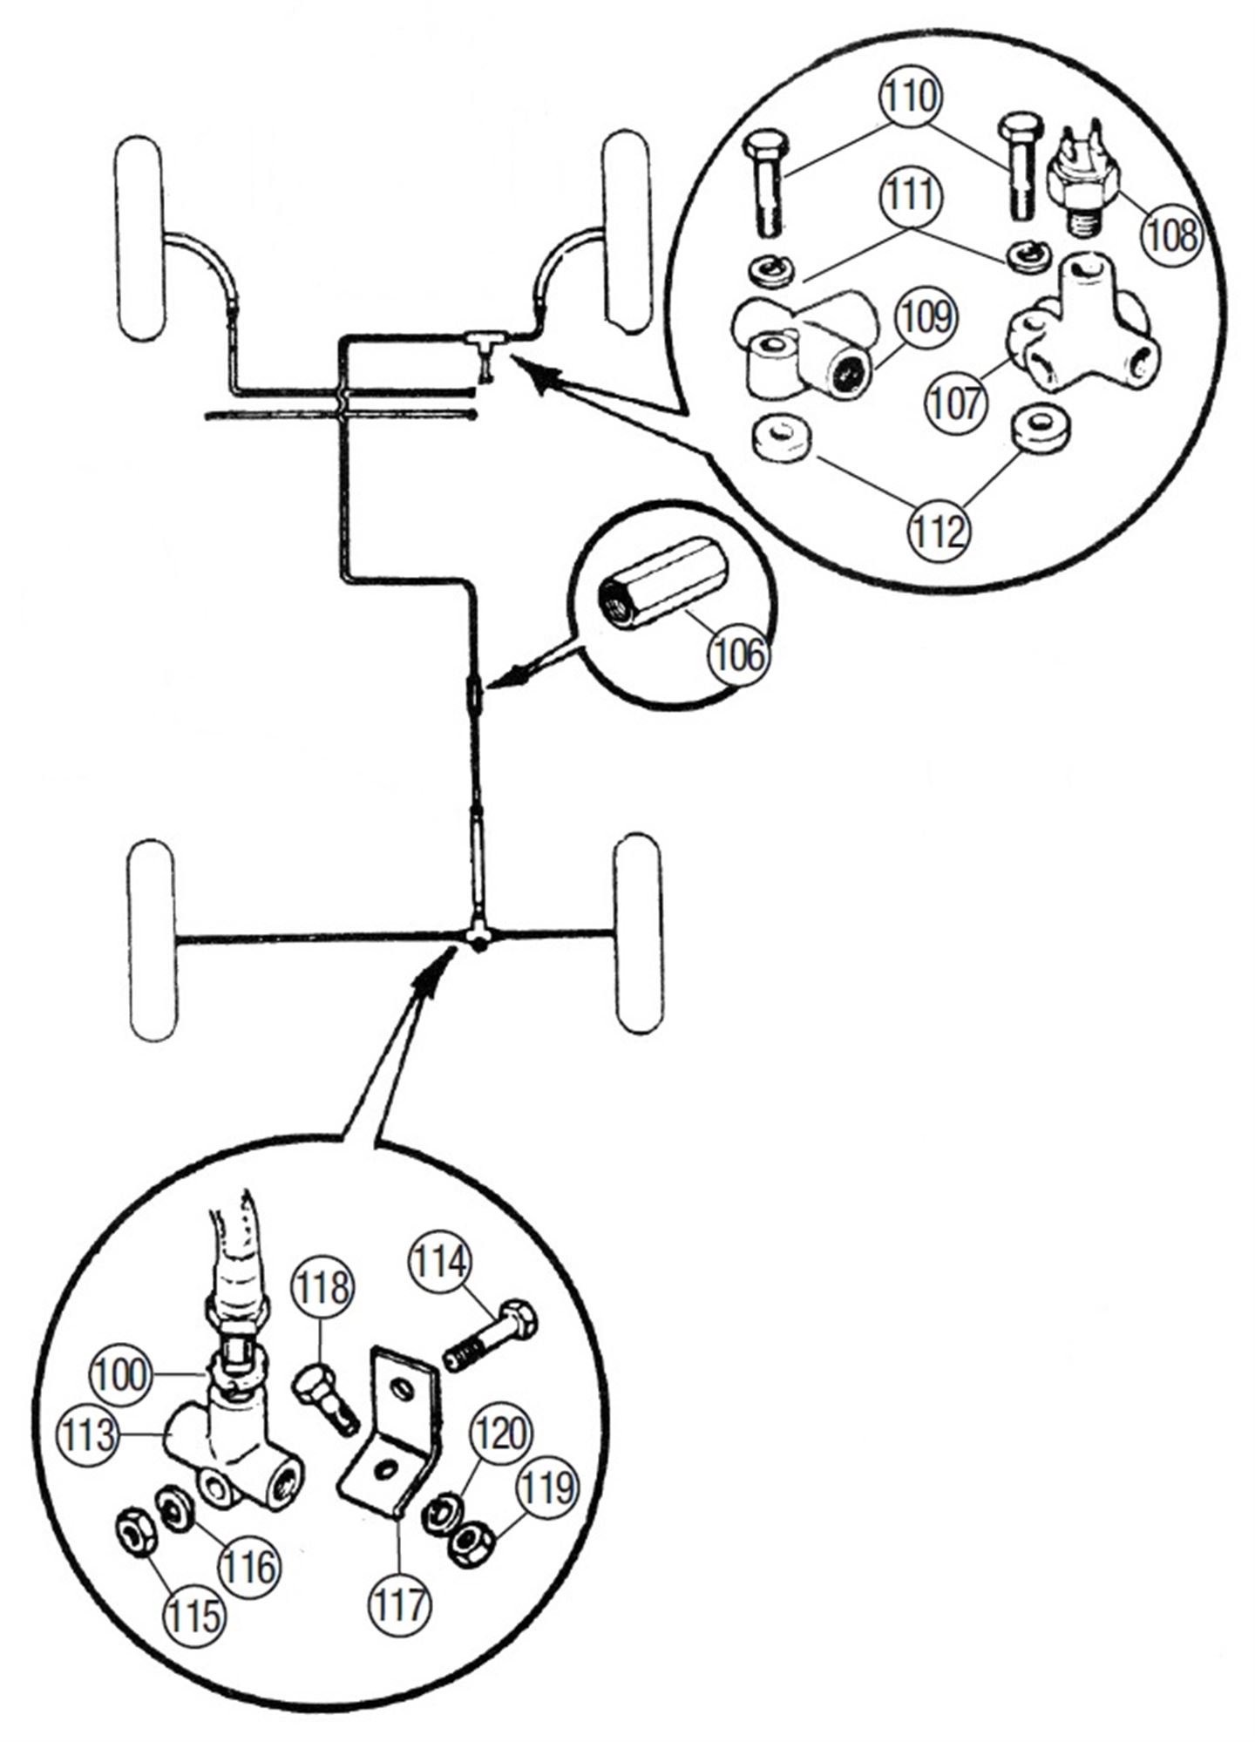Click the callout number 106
pos(738,654)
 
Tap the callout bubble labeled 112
pos(938,529)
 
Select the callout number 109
pos(926,315)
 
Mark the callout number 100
pos(119,1376)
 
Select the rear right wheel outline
pos(639,933)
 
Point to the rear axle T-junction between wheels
pos(478,938)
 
